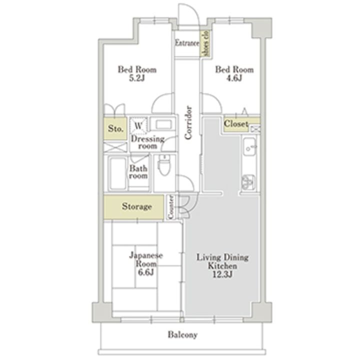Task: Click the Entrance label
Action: tap(187, 43)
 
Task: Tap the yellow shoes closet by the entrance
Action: tap(205, 43)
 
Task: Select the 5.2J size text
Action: tap(137, 78)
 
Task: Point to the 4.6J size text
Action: tap(234, 78)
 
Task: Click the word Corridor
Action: tap(188, 122)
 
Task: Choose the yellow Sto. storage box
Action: tap(115, 128)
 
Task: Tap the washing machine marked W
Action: tap(138, 125)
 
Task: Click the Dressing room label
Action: tap(147, 142)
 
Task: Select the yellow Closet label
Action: tap(236, 124)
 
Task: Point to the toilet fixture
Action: tap(164, 165)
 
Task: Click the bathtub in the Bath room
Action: tap(118, 173)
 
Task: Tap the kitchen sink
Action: tap(249, 147)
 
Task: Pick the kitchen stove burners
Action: tap(248, 182)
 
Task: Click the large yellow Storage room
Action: tap(134, 207)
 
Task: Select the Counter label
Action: tap(170, 207)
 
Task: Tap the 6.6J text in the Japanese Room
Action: tap(146, 272)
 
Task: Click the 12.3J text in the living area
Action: tap(222, 274)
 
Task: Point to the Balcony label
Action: tap(182, 335)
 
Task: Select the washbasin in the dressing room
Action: tap(162, 124)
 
